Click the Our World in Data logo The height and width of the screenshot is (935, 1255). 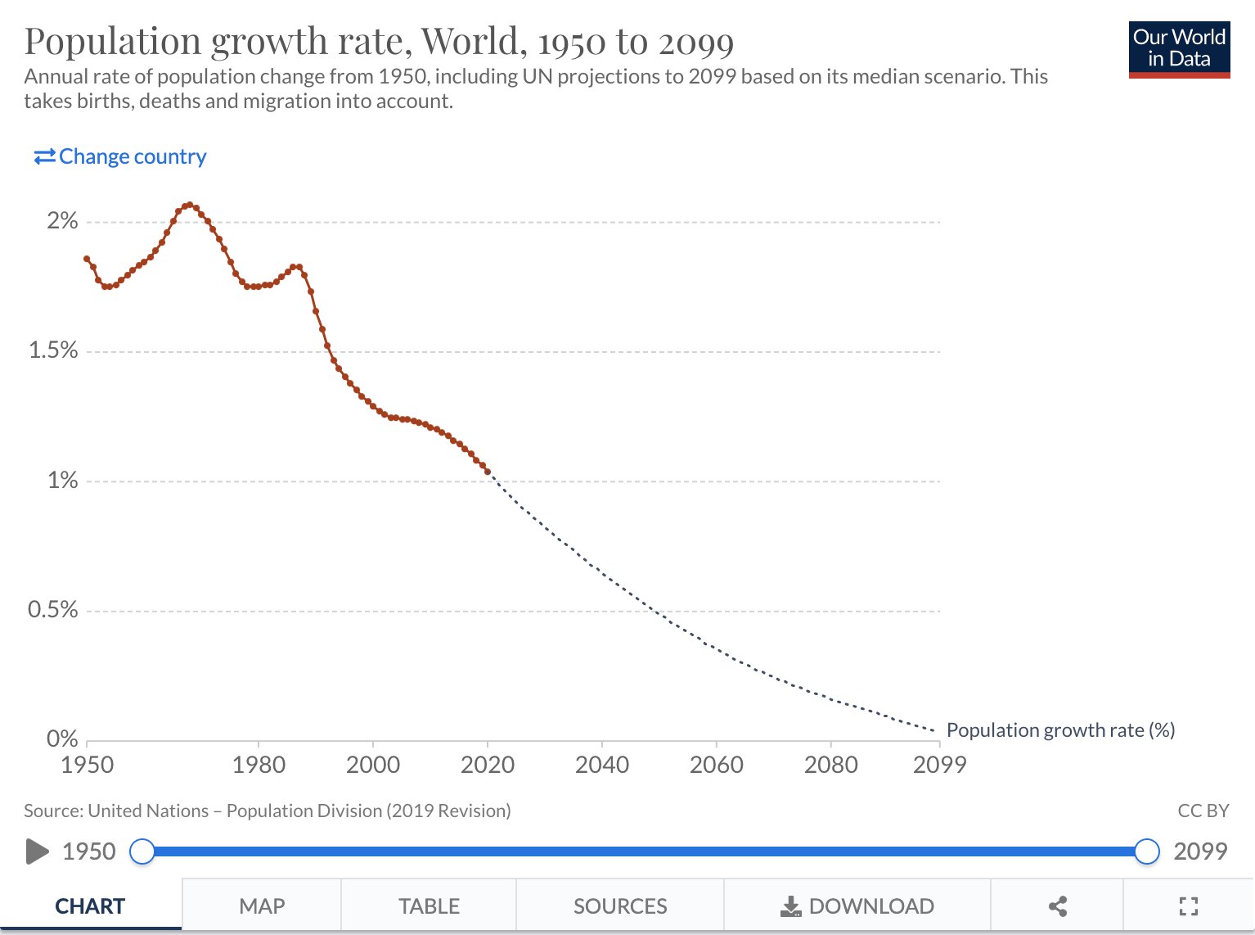tap(1179, 49)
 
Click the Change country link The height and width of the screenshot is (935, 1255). tap(120, 156)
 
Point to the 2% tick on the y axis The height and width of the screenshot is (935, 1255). tap(62, 221)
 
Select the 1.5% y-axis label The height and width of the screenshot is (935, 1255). tap(53, 350)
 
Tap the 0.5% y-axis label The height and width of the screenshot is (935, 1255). tap(53, 610)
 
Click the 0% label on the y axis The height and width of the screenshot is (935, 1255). tap(62, 739)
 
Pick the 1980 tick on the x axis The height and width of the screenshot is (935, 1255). tap(259, 765)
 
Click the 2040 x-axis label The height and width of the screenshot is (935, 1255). tap(602, 765)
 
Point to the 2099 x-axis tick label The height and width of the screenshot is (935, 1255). tap(939, 765)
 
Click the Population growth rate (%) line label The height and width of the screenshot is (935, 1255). tap(1060, 730)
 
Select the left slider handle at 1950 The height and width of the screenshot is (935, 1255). tap(142, 851)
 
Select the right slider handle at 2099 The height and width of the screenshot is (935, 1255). tap(1147, 851)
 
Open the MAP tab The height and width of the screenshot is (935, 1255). tap(262, 906)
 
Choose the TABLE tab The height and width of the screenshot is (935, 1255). tap(429, 906)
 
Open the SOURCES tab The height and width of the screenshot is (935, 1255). tap(620, 906)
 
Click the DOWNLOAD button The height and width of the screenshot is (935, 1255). tap(857, 906)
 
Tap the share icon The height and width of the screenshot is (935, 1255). tap(1057, 906)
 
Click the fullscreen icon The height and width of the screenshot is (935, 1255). tap(1189, 906)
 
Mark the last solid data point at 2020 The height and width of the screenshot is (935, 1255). tap(488, 472)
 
